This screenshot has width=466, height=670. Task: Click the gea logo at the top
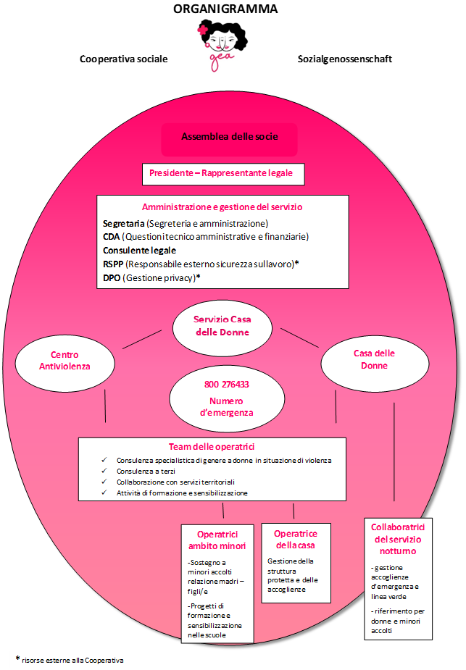pyautogui.click(x=222, y=46)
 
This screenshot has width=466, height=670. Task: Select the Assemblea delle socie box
pyautogui.click(x=229, y=136)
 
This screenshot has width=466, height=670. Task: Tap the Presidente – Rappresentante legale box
pyautogui.click(x=222, y=174)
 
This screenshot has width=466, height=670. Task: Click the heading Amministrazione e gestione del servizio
pyautogui.click(x=222, y=206)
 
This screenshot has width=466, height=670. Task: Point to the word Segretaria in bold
pyautogui.click(x=123, y=223)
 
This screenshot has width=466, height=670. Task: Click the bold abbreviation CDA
pyautogui.click(x=112, y=236)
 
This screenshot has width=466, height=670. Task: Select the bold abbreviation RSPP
pyautogui.click(x=114, y=264)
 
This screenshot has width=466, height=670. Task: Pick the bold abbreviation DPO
pyautogui.click(x=112, y=277)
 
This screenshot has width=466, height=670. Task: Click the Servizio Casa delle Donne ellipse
pyautogui.click(x=222, y=325)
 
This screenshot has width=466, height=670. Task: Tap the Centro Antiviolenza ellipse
pyautogui.click(x=65, y=361)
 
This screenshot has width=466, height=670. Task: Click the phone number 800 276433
pyautogui.click(x=226, y=384)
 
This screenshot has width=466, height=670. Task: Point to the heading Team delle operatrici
pyautogui.click(x=212, y=447)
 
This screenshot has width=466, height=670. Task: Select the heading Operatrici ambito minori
pyautogui.click(x=217, y=540)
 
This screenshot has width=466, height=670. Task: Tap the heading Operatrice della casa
pyautogui.click(x=295, y=539)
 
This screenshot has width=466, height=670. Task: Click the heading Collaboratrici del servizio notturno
pyautogui.click(x=398, y=540)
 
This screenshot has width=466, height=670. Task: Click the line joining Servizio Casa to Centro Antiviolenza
pyautogui.click(x=142, y=339)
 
